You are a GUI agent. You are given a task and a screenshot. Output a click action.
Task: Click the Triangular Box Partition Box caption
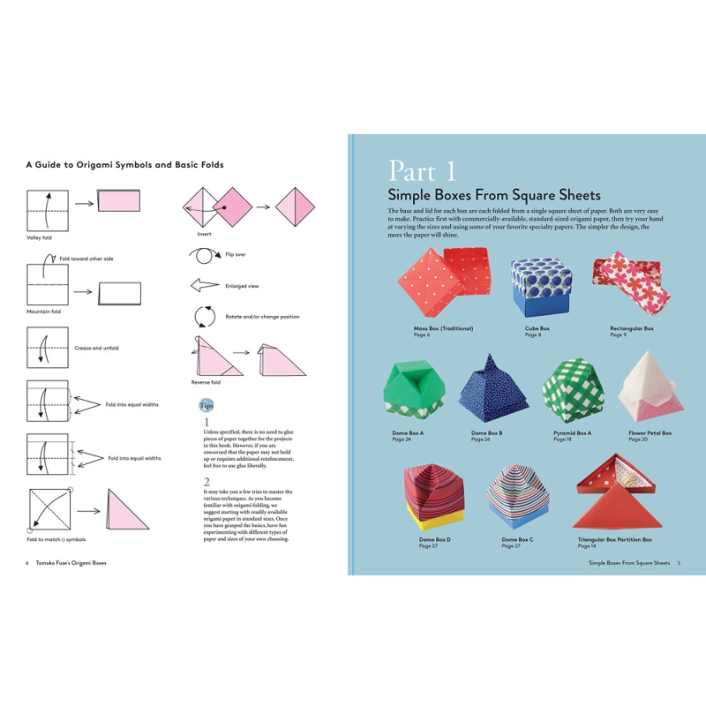614,539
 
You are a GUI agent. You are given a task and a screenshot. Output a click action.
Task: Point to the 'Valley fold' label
39,237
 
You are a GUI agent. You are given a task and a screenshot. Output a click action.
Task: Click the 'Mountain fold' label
42,312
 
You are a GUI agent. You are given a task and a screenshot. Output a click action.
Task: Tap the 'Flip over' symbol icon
202,255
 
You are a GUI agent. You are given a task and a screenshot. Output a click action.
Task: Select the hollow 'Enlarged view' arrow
204,286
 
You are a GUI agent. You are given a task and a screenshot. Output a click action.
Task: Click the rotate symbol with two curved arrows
204,316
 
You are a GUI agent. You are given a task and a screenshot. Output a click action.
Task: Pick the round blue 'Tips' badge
205,405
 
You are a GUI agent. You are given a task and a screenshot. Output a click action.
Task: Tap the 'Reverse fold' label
206,382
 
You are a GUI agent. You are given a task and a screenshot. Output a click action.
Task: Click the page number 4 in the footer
27,562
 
